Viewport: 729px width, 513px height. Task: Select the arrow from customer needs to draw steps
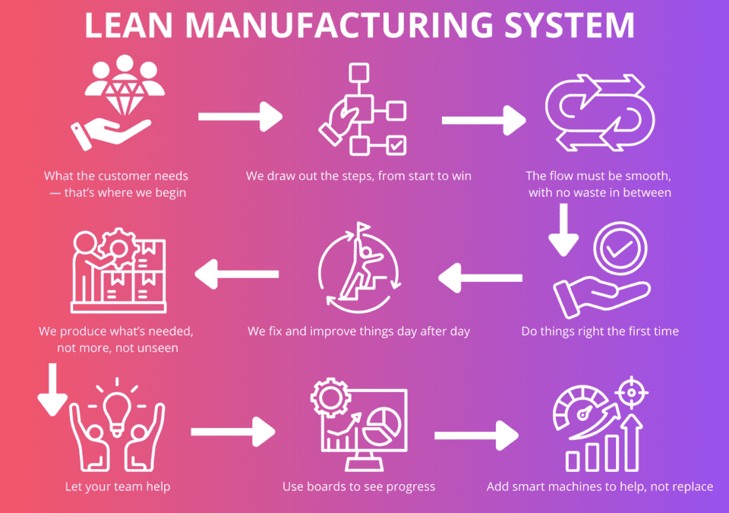[x=240, y=117]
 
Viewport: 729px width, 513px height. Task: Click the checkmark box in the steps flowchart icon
[x=396, y=144]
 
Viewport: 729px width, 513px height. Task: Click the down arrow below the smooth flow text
[x=563, y=233]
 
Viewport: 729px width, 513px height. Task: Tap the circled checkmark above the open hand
[x=620, y=250]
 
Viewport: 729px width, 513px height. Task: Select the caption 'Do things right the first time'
[x=600, y=331]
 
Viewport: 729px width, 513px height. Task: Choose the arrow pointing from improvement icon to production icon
[x=237, y=274]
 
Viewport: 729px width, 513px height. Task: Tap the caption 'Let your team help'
[x=117, y=486]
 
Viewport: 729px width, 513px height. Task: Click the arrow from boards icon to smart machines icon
[x=476, y=436]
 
